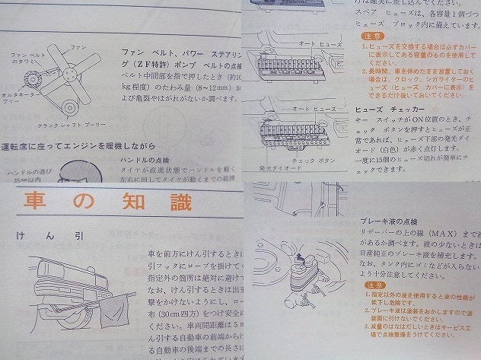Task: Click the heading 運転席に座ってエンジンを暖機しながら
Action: point(80,145)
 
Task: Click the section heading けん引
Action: point(53,237)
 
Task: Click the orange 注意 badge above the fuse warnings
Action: point(369,36)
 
